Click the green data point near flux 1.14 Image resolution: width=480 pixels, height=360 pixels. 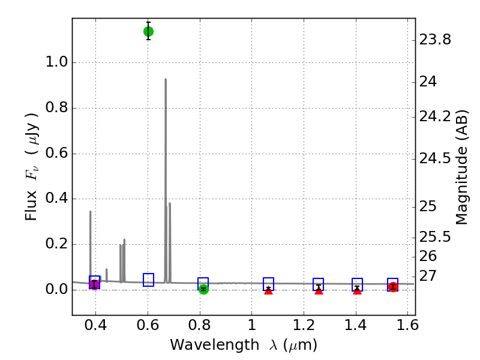pos(148,31)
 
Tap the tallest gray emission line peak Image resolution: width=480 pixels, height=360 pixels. pos(166,80)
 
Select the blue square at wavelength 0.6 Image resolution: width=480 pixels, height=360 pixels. pos(148,280)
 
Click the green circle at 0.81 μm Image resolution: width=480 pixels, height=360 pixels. pos(203,289)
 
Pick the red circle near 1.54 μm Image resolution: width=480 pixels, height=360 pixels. pos(393,287)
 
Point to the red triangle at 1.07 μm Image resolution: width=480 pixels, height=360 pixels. pos(268,290)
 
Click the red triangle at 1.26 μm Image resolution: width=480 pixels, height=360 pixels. pos(319,290)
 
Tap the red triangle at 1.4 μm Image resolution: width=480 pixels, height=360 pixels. pos(357,290)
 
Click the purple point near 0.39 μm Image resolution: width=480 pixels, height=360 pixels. pos(94,284)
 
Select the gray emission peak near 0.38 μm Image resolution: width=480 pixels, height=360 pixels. pos(91,212)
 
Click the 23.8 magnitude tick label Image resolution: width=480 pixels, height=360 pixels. pos(435,40)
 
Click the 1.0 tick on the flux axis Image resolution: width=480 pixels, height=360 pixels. pos(56,63)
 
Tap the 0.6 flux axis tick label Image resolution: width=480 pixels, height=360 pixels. pos(56,154)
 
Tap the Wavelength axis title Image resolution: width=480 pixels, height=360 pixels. pos(243,345)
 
